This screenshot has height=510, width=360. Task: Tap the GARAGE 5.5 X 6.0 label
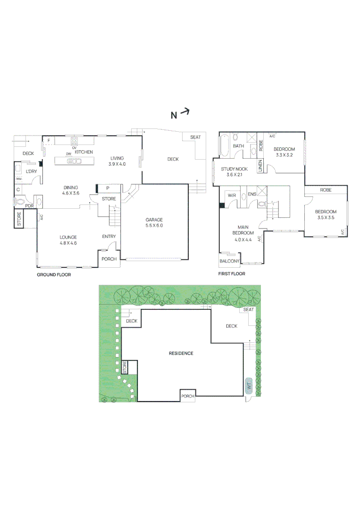pos(154,222)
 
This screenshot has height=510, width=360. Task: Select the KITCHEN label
pos(84,152)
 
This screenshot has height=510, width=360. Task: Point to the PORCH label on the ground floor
pos(109,259)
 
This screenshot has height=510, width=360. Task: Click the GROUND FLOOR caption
pos(54,274)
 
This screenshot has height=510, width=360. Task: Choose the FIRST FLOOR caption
pos(232,274)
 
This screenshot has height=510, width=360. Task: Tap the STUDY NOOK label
pos(234,171)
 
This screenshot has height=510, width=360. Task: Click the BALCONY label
pos(229,261)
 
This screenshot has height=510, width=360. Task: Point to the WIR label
pos(231,195)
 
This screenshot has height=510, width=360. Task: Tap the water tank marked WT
pos(249,386)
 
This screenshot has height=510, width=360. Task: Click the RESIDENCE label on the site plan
pos(181,353)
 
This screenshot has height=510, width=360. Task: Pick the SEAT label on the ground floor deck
pos(195,137)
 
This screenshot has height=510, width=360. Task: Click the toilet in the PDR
pos(20,202)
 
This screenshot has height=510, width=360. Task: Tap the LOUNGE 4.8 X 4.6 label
pos(68,240)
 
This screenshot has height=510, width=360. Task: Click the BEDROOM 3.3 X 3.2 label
pos(284,152)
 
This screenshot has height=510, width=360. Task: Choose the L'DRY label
pos(32,171)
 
